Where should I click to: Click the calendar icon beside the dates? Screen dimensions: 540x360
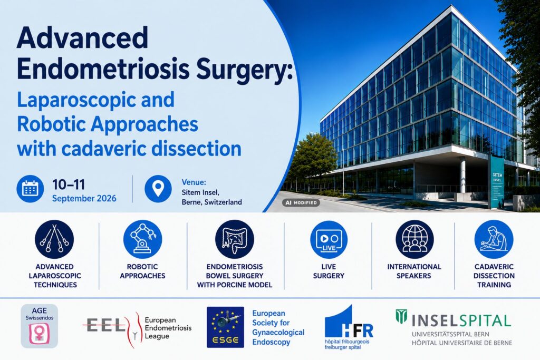point(30,189)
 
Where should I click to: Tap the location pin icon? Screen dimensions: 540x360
point(158,189)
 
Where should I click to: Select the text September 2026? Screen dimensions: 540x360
point(84,199)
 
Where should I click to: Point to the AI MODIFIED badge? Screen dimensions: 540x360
point(301,203)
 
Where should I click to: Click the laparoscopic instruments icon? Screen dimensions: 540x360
point(54,239)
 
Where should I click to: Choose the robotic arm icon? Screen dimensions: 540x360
point(142,239)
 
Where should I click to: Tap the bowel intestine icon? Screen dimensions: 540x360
point(235,239)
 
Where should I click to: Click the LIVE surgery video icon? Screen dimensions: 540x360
point(329,239)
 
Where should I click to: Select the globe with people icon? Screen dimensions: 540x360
point(414,239)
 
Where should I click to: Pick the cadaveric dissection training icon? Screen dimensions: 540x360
point(494,239)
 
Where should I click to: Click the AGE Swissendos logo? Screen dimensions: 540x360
point(39,326)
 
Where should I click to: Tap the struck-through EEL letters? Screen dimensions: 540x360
point(105,325)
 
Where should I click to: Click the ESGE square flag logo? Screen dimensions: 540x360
point(225,327)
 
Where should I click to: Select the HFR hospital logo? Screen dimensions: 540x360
point(349,327)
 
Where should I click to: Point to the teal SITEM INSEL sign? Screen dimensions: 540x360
point(497,182)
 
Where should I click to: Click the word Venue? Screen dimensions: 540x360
point(194,182)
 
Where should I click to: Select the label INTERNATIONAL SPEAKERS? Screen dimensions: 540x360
point(414,271)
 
